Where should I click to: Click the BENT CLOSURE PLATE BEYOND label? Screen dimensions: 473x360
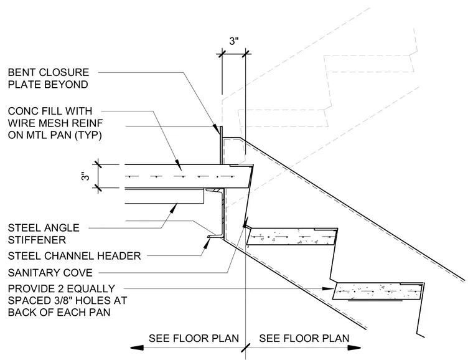coord(49,78)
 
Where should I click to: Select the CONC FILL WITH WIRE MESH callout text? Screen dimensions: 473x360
coord(55,123)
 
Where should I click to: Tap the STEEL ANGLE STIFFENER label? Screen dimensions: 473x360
coord(44,234)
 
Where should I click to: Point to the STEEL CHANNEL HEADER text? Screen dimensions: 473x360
coord(74,256)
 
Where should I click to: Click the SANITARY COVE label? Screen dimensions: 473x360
coord(50,273)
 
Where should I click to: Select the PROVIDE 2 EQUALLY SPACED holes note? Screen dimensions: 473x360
coord(67,300)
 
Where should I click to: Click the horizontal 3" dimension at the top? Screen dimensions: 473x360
coord(234,41)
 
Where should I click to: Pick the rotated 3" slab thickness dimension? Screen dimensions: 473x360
coord(86,176)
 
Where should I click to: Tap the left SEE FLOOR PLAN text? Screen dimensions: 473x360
coord(194,338)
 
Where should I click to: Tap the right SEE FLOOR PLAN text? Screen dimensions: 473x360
coord(304,338)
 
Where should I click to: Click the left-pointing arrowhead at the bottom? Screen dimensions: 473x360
coord(137,348)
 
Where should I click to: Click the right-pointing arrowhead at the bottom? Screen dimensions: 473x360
coord(354,348)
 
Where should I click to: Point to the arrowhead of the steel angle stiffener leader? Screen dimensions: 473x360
coord(174,207)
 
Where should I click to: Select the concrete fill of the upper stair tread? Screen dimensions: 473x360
coord(291,237)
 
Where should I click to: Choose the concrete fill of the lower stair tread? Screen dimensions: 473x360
coord(378,291)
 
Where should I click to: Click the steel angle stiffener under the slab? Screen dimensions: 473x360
coord(164,196)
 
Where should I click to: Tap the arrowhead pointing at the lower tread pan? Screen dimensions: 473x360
coord(328,289)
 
